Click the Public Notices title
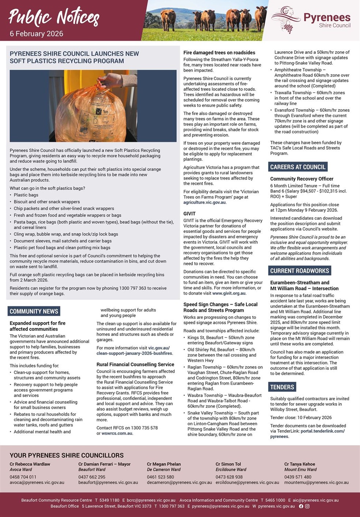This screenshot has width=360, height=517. tap(54, 17)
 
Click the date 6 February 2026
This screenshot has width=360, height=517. tap(36, 34)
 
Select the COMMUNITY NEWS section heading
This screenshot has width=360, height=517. tap(34, 311)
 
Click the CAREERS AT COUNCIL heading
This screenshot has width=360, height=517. tap(297, 167)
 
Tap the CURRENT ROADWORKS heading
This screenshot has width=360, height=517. tap(300, 271)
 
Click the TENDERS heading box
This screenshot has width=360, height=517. tap(282, 387)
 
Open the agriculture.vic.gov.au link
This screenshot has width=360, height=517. tap(205, 202)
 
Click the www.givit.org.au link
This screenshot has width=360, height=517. tap(229, 293)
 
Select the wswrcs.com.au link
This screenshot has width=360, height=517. tap(117, 433)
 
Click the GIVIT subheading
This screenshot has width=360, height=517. tap(190, 214)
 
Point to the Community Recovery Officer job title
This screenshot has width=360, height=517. tap(301, 179)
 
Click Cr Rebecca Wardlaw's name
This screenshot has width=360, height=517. tap(30, 464)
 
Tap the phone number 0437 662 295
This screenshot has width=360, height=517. tap(91, 477)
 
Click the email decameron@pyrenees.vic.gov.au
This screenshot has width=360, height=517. tap(179, 482)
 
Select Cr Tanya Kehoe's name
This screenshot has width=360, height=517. tap(299, 464)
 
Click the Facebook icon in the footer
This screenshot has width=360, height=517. tap(301, 506)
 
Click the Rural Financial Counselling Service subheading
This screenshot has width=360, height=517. tap(135, 365)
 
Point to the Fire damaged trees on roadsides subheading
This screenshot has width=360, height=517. tap(219, 53)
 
